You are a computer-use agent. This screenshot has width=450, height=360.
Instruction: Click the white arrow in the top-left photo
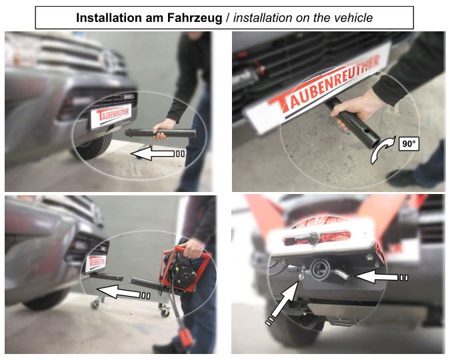tap(157, 153)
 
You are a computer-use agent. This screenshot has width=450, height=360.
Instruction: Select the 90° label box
tap(408, 143)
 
